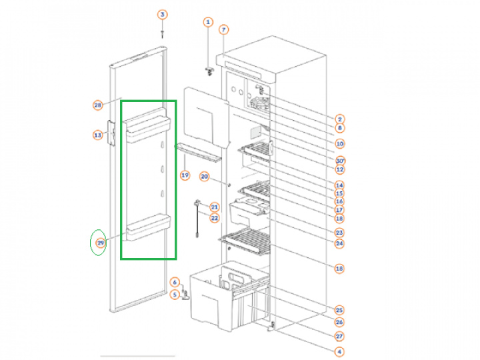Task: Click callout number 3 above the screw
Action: pyautogui.click(x=163, y=15)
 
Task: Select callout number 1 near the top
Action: pyautogui.click(x=207, y=22)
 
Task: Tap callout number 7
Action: pyautogui.click(x=224, y=29)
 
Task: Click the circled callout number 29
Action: pyautogui.click(x=100, y=243)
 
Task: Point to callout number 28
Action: pyautogui.click(x=97, y=105)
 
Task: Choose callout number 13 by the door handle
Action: pyautogui.click(x=97, y=135)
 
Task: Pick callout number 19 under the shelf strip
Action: pyautogui.click(x=185, y=175)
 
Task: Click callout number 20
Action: pyautogui.click(x=205, y=177)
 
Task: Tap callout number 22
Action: pyautogui.click(x=215, y=218)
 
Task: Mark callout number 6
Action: pyautogui.click(x=175, y=282)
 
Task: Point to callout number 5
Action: pyautogui.click(x=175, y=293)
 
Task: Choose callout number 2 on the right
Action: pyautogui.click(x=339, y=119)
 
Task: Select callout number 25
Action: pyautogui.click(x=339, y=310)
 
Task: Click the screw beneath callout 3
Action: pyautogui.click(x=163, y=32)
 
